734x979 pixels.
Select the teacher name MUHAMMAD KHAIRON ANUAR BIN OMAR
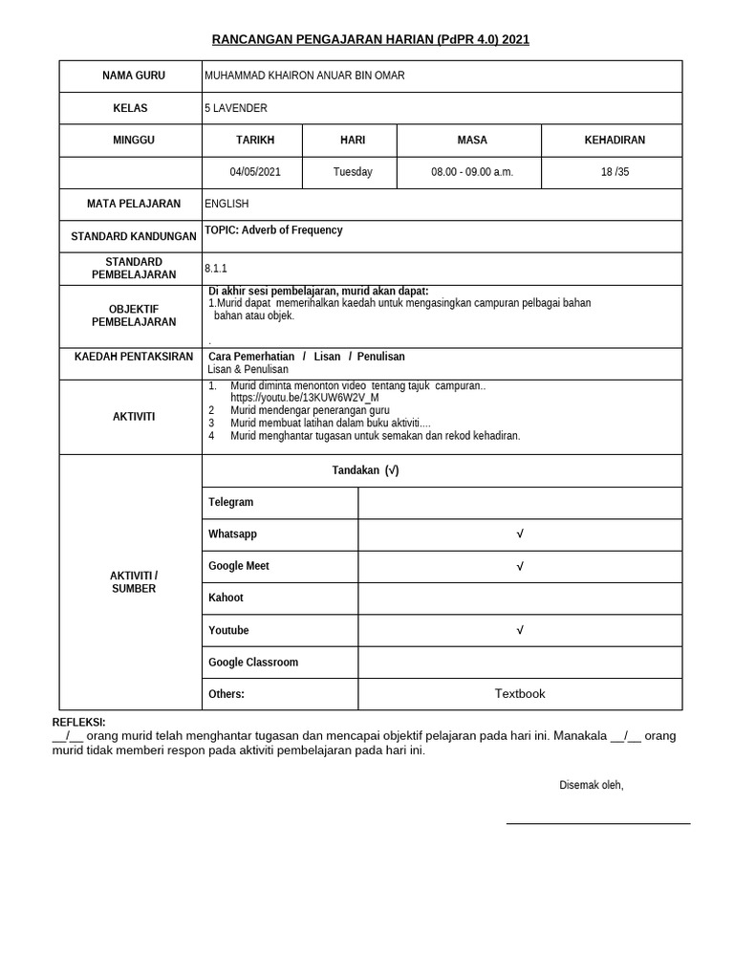304,76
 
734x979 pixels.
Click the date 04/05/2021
255,172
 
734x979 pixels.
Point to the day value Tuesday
353,172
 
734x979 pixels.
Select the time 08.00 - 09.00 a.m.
472,172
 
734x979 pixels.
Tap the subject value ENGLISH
227,204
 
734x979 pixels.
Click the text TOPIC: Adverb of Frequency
273,230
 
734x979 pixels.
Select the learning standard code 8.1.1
216,269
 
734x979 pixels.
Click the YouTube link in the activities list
305,398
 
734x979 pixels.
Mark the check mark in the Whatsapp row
520,534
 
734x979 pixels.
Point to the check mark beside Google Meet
520,567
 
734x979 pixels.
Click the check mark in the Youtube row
520,631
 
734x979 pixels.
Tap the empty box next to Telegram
520,503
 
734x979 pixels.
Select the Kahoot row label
226,598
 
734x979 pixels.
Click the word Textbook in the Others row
520,694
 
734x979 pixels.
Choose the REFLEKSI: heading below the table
78,723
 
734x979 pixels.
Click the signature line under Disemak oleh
597,822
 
